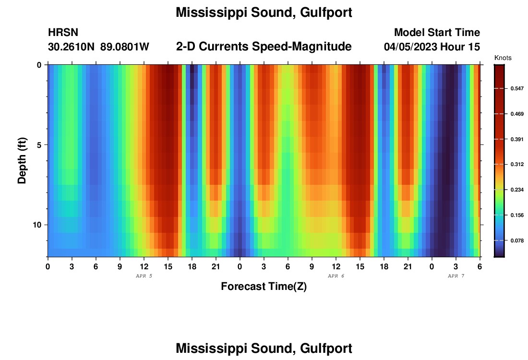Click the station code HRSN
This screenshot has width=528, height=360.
coord(63,33)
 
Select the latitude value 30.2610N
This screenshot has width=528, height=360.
coord(72,47)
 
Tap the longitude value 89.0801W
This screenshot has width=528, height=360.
coord(125,47)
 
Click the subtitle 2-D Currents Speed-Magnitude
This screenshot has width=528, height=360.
coord(264,47)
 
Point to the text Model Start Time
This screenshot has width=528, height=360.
coord(437,33)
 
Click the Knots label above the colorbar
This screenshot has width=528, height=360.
coord(503,58)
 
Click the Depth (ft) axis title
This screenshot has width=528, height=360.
coord(22,161)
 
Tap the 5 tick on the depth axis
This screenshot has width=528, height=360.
coord(39,144)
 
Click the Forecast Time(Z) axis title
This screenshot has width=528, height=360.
coord(264,287)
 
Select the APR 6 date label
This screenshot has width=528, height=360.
coord(336,276)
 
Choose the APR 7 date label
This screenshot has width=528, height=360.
coord(456,276)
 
